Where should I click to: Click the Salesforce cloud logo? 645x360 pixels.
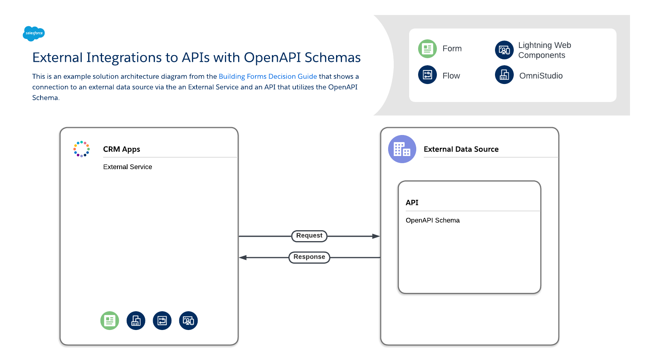tap(34, 33)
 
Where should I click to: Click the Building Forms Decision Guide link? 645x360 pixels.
tap(268, 76)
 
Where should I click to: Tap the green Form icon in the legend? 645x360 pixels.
tap(427, 49)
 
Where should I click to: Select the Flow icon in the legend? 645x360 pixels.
tap(427, 75)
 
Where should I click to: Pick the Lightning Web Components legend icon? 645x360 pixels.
tap(504, 50)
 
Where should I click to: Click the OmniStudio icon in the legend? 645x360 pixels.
tap(504, 75)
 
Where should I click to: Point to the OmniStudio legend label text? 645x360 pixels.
tap(541, 76)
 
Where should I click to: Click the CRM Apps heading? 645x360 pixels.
tap(121, 149)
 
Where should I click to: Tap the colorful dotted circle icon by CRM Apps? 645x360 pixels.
tap(81, 149)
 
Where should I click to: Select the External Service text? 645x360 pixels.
tap(127, 167)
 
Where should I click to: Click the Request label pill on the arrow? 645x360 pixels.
tap(309, 236)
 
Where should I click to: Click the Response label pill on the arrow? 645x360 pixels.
tap(309, 257)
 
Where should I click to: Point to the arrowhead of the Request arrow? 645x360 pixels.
tap(376, 236)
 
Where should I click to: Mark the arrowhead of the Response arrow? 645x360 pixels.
tap(243, 258)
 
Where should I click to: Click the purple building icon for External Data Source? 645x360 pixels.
tap(402, 149)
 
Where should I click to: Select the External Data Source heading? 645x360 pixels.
tap(461, 149)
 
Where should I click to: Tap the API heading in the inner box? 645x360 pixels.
tap(412, 203)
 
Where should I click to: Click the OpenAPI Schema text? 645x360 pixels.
tap(432, 220)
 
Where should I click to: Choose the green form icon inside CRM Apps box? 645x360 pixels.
tap(109, 321)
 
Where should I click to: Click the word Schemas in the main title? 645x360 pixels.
tap(332, 58)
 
